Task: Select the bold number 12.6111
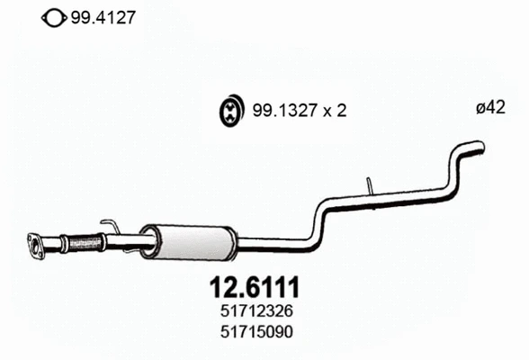click(254, 288)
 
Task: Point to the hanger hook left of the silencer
click(109, 224)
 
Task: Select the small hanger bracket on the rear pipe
click(370, 185)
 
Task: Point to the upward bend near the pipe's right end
click(455, 162)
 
